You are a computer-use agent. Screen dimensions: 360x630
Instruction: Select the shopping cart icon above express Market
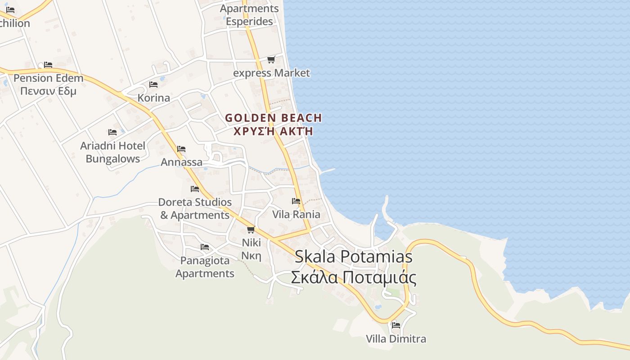[271, 59]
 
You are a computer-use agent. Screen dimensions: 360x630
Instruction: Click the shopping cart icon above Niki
[251, 229]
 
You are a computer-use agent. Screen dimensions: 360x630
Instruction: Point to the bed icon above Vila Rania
[296, 201]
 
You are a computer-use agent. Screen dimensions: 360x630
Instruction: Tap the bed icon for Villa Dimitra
[396, 325]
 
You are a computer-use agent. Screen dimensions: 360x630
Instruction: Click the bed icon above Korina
[153, 85]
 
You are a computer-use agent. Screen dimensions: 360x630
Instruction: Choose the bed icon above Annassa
[181, 149]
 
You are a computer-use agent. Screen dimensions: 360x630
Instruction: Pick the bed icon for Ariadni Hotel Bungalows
[112, 132]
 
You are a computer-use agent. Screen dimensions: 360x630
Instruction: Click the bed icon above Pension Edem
[48, 65]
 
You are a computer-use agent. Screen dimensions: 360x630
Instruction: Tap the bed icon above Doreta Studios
[195, 189]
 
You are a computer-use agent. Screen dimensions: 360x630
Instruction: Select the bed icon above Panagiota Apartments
[205, 247]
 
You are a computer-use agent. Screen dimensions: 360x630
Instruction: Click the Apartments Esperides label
[249, 15]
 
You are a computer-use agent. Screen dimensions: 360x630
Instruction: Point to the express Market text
[271, 73]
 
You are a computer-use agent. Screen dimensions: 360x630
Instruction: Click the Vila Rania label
[296, 214]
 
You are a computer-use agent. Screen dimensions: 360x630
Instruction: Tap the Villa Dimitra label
[396, 338]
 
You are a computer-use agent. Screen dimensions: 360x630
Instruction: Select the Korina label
[153, 98]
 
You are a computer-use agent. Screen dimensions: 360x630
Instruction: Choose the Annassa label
[181, 162]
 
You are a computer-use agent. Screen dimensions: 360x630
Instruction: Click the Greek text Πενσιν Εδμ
[48, 91]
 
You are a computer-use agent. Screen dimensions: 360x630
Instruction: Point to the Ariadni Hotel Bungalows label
[112, 152]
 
